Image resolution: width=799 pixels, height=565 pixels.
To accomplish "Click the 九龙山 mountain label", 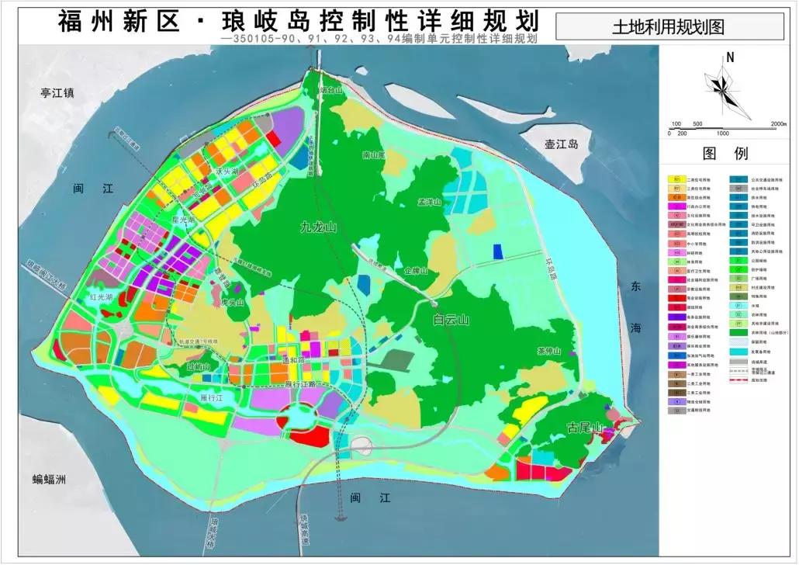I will coord(320,228).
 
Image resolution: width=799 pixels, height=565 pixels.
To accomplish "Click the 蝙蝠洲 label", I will coord(50,479).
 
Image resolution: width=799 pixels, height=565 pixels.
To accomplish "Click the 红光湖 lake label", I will coord(101,297).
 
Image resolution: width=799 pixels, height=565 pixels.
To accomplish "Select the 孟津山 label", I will coord(429,203).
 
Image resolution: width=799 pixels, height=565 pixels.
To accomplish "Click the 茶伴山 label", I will coord(548,350).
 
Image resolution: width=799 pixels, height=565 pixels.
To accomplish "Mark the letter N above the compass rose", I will coord(730,57).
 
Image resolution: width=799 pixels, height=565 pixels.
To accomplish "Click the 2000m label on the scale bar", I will coord(778,124).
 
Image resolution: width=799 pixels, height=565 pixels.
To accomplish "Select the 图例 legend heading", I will coord(728,153).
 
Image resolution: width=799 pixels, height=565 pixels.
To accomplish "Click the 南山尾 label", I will coord(374,155).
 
